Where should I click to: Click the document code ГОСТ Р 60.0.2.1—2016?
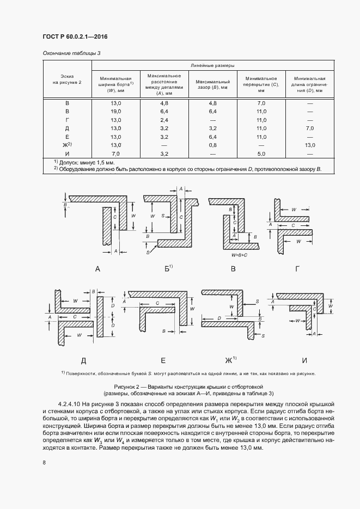[74, 36]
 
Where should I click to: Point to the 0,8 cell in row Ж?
[212, 145]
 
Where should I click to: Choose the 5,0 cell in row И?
[261, 154]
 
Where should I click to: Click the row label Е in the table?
[67, 137]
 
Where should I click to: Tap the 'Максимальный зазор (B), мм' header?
[212, 83]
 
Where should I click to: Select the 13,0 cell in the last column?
[310, 145]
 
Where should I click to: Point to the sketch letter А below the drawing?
[97, 268]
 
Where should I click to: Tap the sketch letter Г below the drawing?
[296, 268]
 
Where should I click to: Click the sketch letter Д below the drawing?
[83, 360]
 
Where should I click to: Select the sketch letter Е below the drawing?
[163, 360]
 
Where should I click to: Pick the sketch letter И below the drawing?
[304, 360]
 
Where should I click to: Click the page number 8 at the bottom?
[44, 463]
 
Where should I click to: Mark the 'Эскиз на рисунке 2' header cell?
[67, 79]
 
